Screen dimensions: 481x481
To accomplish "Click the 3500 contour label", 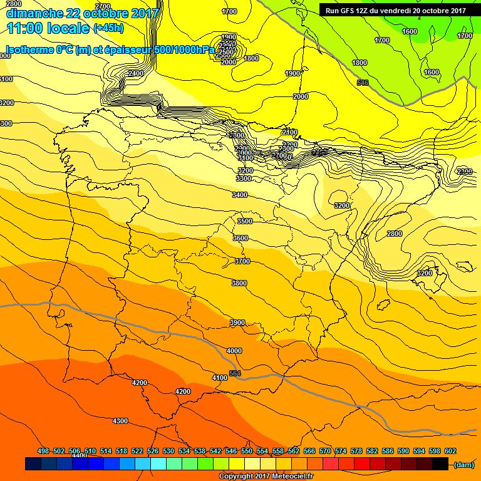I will (245, 221).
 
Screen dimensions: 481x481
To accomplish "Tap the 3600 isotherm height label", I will (240, 238).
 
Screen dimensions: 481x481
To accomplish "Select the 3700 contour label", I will (242, 261).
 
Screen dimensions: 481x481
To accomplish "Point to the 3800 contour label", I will (239, 283).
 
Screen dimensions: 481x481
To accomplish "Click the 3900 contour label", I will (237, 323).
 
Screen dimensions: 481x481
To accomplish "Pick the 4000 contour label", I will (234, 351).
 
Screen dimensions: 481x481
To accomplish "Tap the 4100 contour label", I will (220, 378).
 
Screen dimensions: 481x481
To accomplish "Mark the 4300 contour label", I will (120, 421).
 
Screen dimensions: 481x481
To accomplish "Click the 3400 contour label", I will (240, 195).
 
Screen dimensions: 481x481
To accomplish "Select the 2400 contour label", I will (135, 73).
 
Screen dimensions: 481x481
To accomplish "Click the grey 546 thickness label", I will (362, 83).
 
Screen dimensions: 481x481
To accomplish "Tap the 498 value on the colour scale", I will (43, 451).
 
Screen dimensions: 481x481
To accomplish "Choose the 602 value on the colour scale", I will (450, 451).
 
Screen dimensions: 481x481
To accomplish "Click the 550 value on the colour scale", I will (247, 451).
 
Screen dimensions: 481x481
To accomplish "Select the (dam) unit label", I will (463, 464).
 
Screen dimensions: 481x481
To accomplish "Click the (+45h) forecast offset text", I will (108, 28).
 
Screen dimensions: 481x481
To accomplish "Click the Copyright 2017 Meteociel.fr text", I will (266, 476).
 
